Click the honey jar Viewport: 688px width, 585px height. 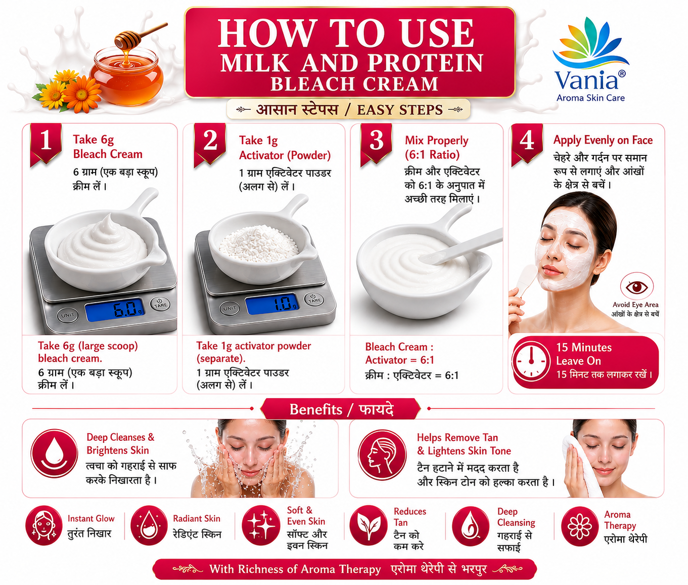126,76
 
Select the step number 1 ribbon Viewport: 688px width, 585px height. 45,144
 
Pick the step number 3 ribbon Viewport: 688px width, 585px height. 376,144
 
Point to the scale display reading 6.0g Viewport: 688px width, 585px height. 115,310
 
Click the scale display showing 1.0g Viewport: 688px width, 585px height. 271,304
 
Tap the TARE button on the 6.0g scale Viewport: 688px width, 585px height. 160,304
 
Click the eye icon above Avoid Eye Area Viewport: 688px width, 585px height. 636,286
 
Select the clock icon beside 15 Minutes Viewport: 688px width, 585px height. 531,361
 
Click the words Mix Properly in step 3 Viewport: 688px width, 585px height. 436,141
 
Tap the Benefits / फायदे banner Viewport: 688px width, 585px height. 340,409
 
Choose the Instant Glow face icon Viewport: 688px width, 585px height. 43,526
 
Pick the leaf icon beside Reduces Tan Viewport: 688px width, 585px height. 369,526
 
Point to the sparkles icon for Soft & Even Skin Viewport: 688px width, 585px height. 261,526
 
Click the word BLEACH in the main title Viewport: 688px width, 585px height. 312,84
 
